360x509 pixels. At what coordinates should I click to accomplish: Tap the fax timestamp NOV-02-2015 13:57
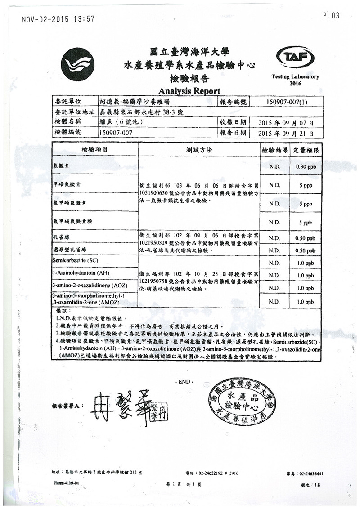pyautogui.click(x=58, y=19)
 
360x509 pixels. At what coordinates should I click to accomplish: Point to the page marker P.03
pyautogui.click(x=331, y=16)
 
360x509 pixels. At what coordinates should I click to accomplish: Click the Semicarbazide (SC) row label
pyautogui.click(x=76, y=261)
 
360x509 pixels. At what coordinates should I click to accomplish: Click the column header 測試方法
pyautogui.click(x=199, y=150)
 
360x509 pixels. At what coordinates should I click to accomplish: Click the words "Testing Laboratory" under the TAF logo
pyautogui.click(x=295, y=77)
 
